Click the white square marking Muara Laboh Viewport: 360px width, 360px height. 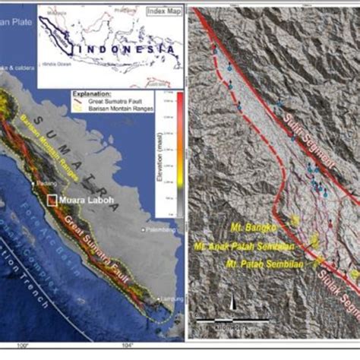tap(52, 201)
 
